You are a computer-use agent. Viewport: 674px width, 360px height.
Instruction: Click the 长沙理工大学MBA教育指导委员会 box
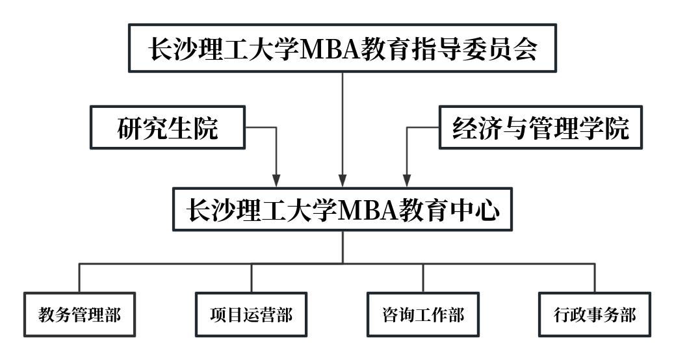[x=343, y=48]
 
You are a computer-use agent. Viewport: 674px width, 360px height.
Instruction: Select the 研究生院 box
[x=168, y=128]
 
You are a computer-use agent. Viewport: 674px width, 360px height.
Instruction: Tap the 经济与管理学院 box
[x=540, y=128]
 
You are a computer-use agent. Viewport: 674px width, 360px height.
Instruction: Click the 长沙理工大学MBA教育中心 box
[x=343, y=209]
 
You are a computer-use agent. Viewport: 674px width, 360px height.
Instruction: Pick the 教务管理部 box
[x=79, y=315]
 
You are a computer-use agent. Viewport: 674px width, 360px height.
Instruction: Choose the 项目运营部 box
[x=251, y=315]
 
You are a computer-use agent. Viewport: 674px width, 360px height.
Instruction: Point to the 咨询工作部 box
[x=423, y=315]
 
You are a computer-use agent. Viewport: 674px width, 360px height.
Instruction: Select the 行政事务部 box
[x=595, y=315]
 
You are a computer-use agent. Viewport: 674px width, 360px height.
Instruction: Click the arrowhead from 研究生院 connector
[x=277, y=180]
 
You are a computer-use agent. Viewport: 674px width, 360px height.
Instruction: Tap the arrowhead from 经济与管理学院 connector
[x=407, y=180]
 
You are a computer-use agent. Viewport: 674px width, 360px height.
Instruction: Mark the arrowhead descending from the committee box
[x=343, y=180]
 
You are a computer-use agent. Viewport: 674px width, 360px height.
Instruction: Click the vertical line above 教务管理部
[x=79, y=277]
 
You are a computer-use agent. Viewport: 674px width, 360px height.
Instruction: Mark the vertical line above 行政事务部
[x=595, y=277]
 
